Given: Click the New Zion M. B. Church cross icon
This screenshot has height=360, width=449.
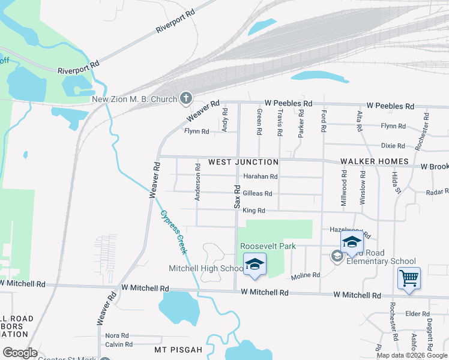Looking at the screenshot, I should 186,98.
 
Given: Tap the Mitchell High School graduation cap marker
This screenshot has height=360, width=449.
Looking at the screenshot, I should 255,265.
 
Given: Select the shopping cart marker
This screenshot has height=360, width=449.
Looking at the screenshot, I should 409,278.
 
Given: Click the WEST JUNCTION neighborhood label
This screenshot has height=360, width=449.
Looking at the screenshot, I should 243,162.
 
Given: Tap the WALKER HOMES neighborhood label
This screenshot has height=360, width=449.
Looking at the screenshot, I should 375,162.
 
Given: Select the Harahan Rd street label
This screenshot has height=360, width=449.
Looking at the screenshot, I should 261,177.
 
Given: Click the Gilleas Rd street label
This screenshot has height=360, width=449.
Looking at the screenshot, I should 258,194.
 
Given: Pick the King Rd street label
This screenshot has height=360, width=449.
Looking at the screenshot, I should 254,211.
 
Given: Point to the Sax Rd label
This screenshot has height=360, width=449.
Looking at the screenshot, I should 237,197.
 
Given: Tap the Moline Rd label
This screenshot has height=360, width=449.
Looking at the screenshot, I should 306,276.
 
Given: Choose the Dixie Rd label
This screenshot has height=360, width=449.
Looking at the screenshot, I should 394,146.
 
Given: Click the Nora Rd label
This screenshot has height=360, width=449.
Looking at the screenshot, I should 117,335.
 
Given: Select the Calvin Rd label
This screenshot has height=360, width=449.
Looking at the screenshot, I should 119,344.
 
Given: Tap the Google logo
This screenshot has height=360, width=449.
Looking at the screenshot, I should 21,353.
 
